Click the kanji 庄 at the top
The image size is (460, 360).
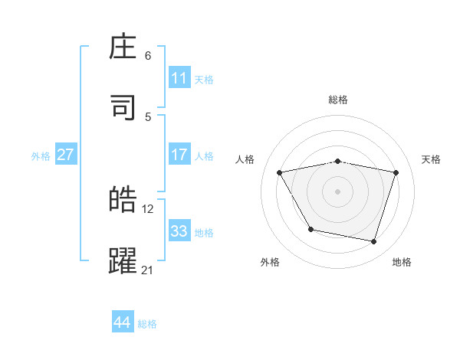123,48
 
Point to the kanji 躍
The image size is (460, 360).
123,260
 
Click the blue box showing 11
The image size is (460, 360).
179,78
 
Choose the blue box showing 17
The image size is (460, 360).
179,155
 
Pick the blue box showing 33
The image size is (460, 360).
179,231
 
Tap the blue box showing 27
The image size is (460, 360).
65,155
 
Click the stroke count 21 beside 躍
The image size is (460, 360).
147,270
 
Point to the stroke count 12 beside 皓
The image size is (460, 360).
148,208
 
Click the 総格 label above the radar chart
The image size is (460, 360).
338,100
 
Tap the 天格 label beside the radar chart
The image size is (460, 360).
432,159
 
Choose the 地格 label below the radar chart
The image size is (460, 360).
402,262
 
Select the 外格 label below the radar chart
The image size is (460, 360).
270,262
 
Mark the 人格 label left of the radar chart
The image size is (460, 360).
245,159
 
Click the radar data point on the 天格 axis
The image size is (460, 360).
396,172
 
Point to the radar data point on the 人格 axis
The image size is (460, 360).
280,172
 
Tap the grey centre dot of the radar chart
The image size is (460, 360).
337,191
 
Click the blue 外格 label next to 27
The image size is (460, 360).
41,155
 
